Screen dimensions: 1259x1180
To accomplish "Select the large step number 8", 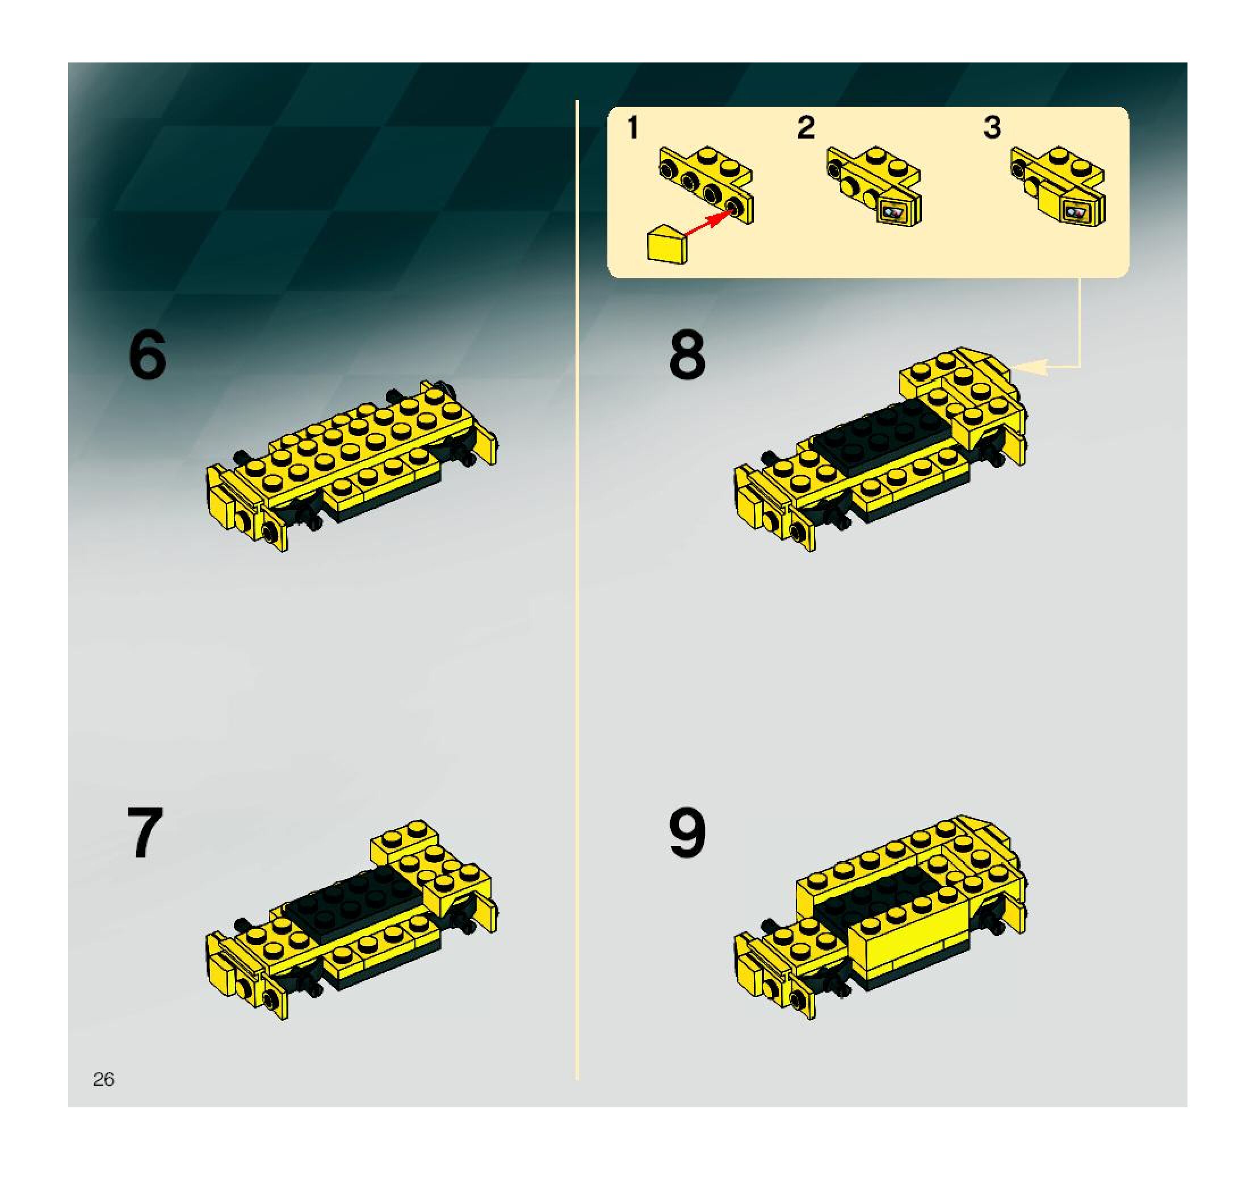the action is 687,355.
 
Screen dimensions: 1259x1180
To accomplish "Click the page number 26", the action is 103,1079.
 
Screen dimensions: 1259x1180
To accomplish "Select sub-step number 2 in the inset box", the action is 805,127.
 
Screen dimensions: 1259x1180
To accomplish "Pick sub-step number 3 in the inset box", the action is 992,127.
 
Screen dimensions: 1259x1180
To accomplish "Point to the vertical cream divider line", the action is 577,589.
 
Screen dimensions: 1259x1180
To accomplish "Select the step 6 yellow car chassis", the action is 352,465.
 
